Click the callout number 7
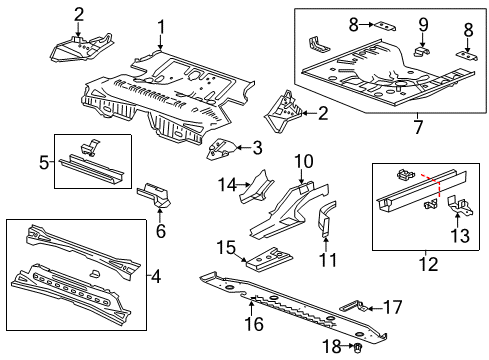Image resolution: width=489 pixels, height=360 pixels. click(417, 128)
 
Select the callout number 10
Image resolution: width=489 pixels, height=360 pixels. click(304, 160)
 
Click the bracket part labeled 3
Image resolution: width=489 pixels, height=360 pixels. click(221, 151)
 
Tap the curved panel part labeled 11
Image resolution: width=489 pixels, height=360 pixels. click(325, 221)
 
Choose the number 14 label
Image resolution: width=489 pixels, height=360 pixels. click(227, 183)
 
